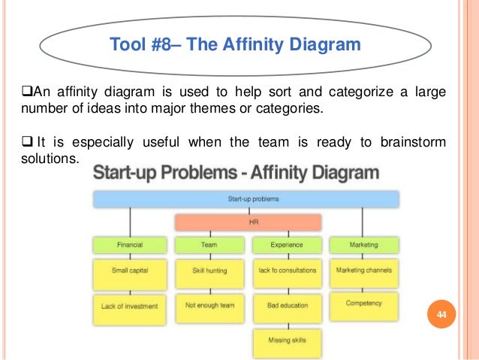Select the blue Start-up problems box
click(246, 199)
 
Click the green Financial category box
click(130, 245)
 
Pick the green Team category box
click(210, 245)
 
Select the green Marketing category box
click(364, 245)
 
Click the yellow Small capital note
click(130, 272)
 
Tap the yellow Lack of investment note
click(130, 306)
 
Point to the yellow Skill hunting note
click(210, 272)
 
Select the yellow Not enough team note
click(210, 306)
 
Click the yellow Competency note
click(364, 304)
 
